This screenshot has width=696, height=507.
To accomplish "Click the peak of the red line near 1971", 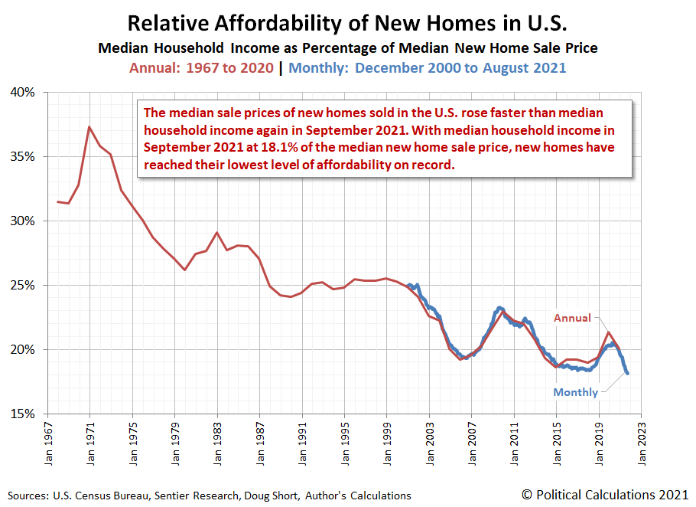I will point(89,126).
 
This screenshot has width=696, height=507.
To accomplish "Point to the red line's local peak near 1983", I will point(216,232).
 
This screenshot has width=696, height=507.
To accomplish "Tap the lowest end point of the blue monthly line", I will point(627,373).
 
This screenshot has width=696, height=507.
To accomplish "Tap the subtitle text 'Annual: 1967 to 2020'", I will point(201,67).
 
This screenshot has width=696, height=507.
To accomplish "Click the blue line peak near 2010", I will point(499,308).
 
